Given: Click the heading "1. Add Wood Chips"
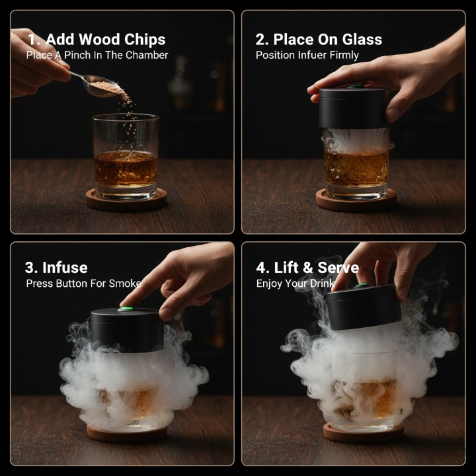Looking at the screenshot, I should [x=97, y=39].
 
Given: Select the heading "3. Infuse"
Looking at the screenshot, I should [x=56, y=268].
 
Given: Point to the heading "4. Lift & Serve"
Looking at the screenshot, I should [x=307, y=268].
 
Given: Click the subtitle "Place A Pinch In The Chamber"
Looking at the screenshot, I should [x=97, y=55].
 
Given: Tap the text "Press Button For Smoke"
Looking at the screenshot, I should [x=84, y=284].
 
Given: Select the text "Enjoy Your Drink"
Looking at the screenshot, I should [x=296, y=284].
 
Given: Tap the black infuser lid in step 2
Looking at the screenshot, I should [x=354, y=106].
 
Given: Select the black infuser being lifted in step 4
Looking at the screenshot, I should [x=364, y=306].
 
